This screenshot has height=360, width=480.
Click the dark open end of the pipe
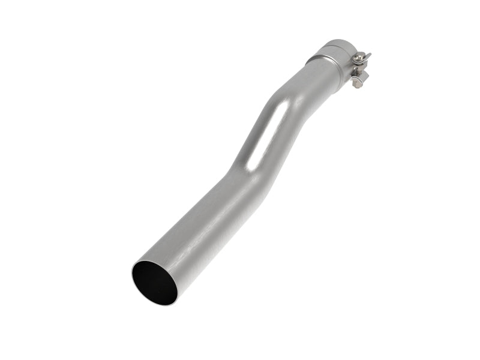click(154, 283)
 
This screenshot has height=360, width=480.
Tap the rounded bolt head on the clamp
click(358, 56)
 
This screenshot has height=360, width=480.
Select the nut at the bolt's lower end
click(358, 83)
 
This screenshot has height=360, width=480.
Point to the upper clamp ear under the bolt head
click(362, 61)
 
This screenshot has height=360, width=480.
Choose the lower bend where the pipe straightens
click(237, 174)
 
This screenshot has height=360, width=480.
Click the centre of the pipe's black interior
click(154, 283)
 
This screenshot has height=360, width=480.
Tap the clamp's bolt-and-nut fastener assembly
click(359, 69)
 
